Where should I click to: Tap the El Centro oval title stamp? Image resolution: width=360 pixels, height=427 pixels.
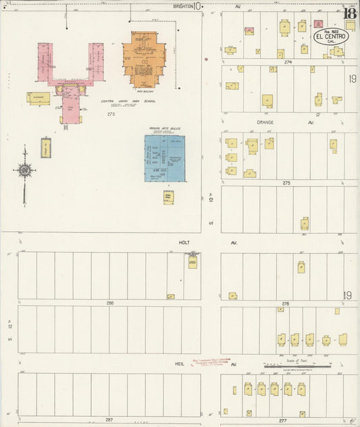pyautogui.click(x=330, y=36)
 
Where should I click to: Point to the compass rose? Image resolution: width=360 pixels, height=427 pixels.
pyautogui.click(x=25, y=170)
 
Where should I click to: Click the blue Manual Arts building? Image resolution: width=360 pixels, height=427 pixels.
pyautogui.click(x=164, y=159)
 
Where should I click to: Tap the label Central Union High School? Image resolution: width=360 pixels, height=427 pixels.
pyautogui.click(x=128, y=101)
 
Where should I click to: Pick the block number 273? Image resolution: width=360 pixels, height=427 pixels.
pyautogui.click(x=111, y=114)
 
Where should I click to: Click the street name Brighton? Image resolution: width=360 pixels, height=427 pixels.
pyautogui.click(x=182, y=6)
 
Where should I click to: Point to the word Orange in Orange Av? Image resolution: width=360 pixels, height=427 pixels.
pyautogui.click(x=265, y=122)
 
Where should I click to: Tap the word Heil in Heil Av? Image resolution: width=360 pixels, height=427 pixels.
pyautogui.click(x=180, y=363)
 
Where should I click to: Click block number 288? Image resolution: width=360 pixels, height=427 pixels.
pyautogui.click(x=109, y=303)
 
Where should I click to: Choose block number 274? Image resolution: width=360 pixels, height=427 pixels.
pyautogui.click(x=288, y=61)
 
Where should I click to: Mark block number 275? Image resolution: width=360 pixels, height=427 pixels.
pyautogui.click(x=286, y=182)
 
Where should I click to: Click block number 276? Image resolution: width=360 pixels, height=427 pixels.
pyautogui.click(x=286, y=303)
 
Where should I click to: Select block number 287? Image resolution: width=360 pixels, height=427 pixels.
pyautogui.click(x=109, y=420)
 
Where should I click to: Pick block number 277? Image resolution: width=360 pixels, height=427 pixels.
pyautogui.click(x=282, y=420)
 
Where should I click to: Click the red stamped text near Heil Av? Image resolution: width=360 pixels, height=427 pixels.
pyautogui.click(x=210, y=362)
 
